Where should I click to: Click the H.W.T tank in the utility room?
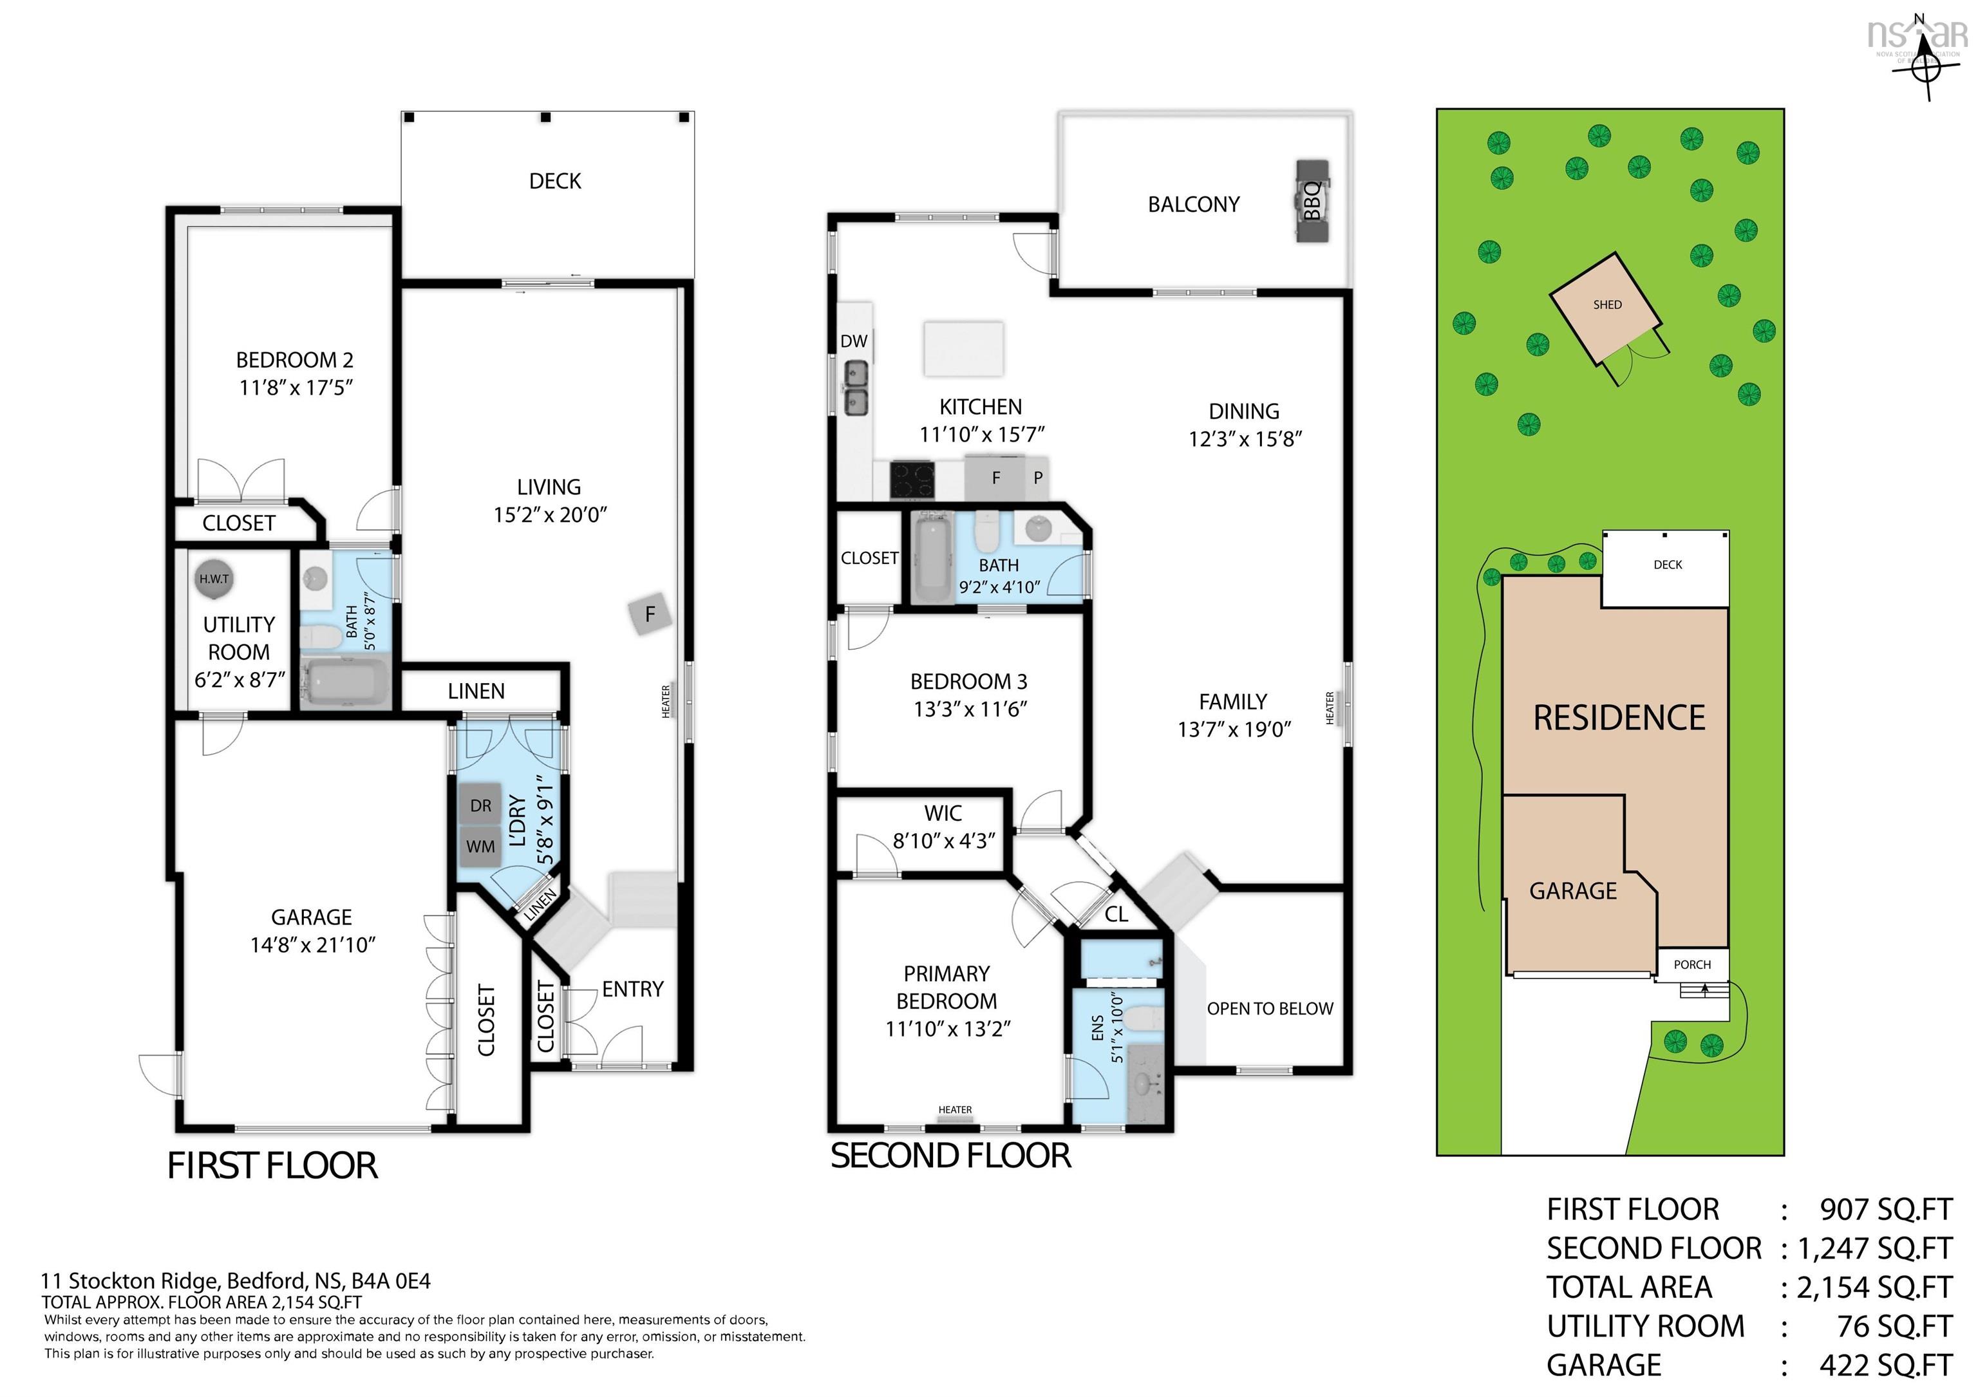214,579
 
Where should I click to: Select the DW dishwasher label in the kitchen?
854,341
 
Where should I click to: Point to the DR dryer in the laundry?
481,805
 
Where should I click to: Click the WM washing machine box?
481,847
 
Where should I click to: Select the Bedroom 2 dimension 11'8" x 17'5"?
296,388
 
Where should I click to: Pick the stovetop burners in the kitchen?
912,480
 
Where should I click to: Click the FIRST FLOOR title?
272,1166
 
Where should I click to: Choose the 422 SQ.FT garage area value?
1885,1365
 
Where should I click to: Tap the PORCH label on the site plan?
1692,964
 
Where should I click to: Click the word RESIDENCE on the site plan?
1619,717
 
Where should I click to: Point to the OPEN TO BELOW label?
1269,1009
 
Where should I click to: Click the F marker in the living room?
650,614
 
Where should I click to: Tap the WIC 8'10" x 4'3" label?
943,827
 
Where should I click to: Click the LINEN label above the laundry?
476,691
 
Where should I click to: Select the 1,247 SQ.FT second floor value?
1874,1248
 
